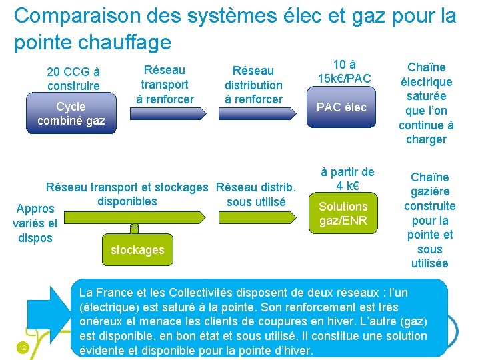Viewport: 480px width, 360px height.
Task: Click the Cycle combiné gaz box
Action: [x=71, y=113]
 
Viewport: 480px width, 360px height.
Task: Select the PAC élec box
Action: [x=341, y=107]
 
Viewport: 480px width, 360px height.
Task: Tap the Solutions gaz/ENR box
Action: [x=343, y=213]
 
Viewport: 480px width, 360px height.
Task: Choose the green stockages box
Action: [x=137, y=249]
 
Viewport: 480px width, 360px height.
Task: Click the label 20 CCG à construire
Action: [x=73, y=79]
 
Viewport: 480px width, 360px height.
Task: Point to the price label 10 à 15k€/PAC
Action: [x=344, y=72]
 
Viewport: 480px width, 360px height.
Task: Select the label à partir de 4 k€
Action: [x=347, y=178]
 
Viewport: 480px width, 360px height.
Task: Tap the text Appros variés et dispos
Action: [x=35, y=223]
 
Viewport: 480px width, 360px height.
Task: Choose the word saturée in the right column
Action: [x=426, y=96]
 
